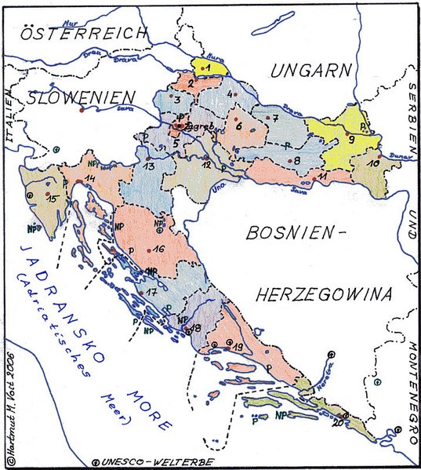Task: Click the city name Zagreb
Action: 197,125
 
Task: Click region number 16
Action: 158,249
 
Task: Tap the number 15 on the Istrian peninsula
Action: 53,200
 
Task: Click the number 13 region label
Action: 149,166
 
